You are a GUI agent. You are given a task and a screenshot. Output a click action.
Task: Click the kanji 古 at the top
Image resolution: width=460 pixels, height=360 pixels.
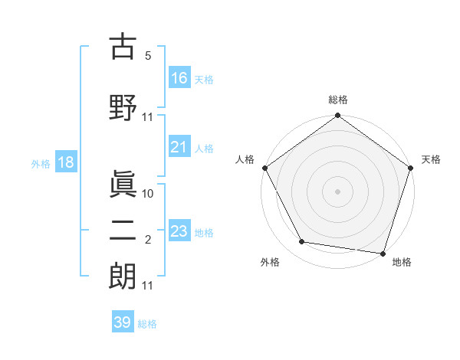123,47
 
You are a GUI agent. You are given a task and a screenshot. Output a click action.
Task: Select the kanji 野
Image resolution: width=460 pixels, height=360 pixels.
123,106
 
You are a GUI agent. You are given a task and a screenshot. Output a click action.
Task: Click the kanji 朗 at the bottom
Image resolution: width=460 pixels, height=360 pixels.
123,277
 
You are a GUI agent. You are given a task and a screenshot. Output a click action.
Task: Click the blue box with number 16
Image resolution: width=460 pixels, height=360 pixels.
179,77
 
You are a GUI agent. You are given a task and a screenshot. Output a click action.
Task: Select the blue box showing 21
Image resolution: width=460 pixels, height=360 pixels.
179,147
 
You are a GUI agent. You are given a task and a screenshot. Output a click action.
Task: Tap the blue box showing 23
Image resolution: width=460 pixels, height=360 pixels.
179,231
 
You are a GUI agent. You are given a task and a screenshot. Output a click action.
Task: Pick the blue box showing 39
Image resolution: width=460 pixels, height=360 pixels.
122,322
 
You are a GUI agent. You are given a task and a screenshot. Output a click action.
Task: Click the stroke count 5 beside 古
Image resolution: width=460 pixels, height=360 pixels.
148,56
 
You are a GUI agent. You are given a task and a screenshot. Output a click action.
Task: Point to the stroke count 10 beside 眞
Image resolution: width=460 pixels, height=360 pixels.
148,193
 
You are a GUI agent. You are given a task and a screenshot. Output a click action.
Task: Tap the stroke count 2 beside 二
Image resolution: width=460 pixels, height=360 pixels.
148,240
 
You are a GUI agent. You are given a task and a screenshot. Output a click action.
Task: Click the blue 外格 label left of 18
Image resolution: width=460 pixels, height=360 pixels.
41,163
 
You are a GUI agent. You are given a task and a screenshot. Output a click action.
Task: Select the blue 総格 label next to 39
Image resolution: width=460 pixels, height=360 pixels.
148,323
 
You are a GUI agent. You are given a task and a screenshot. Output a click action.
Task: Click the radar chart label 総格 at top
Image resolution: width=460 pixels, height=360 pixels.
337,100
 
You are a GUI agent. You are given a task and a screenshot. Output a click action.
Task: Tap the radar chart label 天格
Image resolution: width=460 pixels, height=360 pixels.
431,159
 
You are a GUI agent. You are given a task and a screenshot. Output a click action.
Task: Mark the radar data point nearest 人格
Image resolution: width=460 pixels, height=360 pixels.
265,168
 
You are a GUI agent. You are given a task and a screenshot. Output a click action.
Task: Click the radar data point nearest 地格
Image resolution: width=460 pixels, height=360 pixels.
383,253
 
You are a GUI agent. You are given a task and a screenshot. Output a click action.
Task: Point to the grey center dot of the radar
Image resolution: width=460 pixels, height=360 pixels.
337,191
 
